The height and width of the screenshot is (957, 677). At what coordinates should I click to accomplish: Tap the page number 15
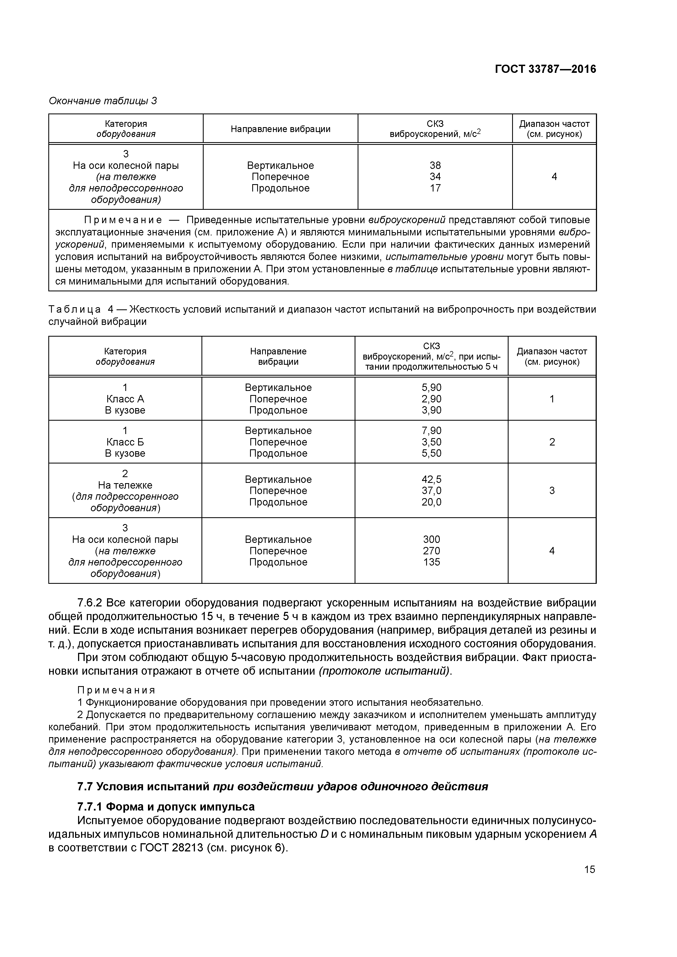pyautogui.click(x=589, y=869)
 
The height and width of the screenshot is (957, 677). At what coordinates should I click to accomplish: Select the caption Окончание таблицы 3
pyautogui.click(x=103, y=101)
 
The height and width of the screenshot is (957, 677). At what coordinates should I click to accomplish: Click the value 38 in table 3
pyautogui.click(x=435, y=166)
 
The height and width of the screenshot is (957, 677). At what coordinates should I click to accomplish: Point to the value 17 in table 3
pyautogui.click(x=435, y=189)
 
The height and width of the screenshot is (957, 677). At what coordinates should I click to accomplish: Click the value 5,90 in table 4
pyautogui.click(x=431, y=388)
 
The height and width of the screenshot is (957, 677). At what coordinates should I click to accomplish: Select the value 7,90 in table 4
pyautogui.click(x=431, y=430)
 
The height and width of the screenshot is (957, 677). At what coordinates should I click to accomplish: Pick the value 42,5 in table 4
pyautogui.click(x=431, y=479)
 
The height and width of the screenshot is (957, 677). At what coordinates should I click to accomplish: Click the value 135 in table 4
pyautogui.click(x=431, y=562)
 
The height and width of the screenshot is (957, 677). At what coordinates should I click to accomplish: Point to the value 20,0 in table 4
pyautogui.click(x=431, y=502)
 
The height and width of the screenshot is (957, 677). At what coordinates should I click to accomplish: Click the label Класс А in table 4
pyautogui.click(x=125, y=399)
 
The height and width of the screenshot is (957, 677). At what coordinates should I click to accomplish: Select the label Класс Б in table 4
pyautogui.click(x=125, y=442)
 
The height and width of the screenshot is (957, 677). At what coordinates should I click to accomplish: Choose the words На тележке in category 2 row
pyautogui.click(x=125, y=485)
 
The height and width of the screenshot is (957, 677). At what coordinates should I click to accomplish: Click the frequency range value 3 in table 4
pyautogui.click(x=552, y=491)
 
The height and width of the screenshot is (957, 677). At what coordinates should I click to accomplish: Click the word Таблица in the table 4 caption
pyautogui.click(x=74, y=310)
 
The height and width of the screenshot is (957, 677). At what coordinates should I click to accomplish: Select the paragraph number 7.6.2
pyautogui.click(x=90, y=603)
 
